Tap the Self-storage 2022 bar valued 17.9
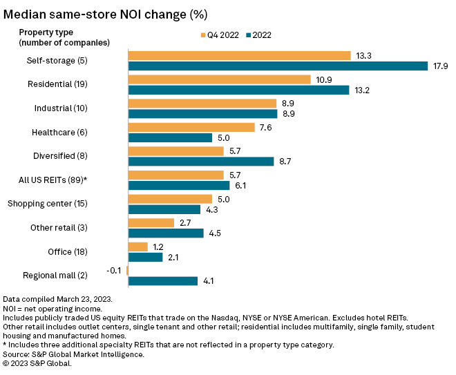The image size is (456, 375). point(278,66)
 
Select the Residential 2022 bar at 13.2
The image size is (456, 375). point(238,90)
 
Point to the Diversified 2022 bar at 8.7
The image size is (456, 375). point(201,162)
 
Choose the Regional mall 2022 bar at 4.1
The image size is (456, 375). point(162,281)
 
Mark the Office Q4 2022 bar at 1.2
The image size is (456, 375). point(137,247)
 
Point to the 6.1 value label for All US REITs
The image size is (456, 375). point(242,185)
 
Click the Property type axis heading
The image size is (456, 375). point(46,32)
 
